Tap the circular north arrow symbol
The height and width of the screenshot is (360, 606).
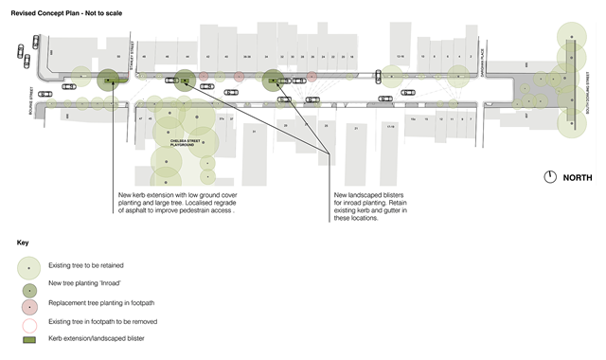pos(549,177)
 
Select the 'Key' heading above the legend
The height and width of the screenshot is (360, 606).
pos(23,243)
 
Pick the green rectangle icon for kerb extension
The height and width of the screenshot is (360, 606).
pos(28,338)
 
